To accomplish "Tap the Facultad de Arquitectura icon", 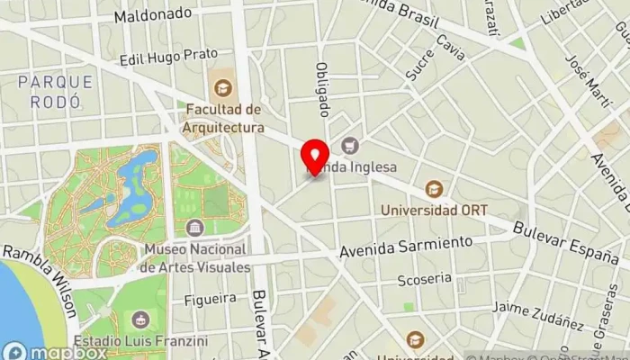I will click(222, 88).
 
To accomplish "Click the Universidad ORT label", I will click(435, 210).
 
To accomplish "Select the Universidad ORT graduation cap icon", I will click(435, 189).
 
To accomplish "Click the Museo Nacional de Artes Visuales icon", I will click(194, 228).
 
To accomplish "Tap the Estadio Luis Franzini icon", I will click(140, 319).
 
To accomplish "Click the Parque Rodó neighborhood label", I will click(55, 92).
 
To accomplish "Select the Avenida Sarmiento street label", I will click(406, 247).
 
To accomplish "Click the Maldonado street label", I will click(153, 14).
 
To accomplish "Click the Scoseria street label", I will click(425, 279).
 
